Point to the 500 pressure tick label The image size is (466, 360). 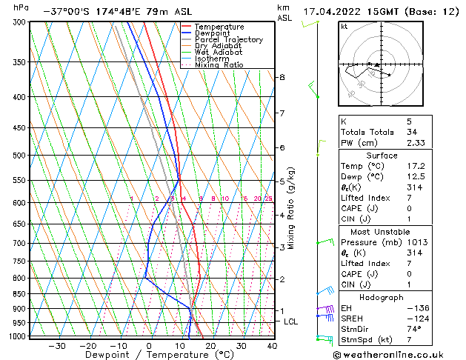pos(19,156)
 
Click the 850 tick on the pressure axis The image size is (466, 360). pos(19,294)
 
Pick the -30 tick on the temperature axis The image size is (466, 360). pos(56,346)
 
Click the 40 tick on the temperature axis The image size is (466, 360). pos(272,346)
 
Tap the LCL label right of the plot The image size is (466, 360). pos(291,321)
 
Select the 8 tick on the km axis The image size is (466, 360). pos(282,77)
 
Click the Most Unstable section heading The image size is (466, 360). pos(377,231)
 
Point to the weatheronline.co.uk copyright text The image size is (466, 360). pos(399,354)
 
